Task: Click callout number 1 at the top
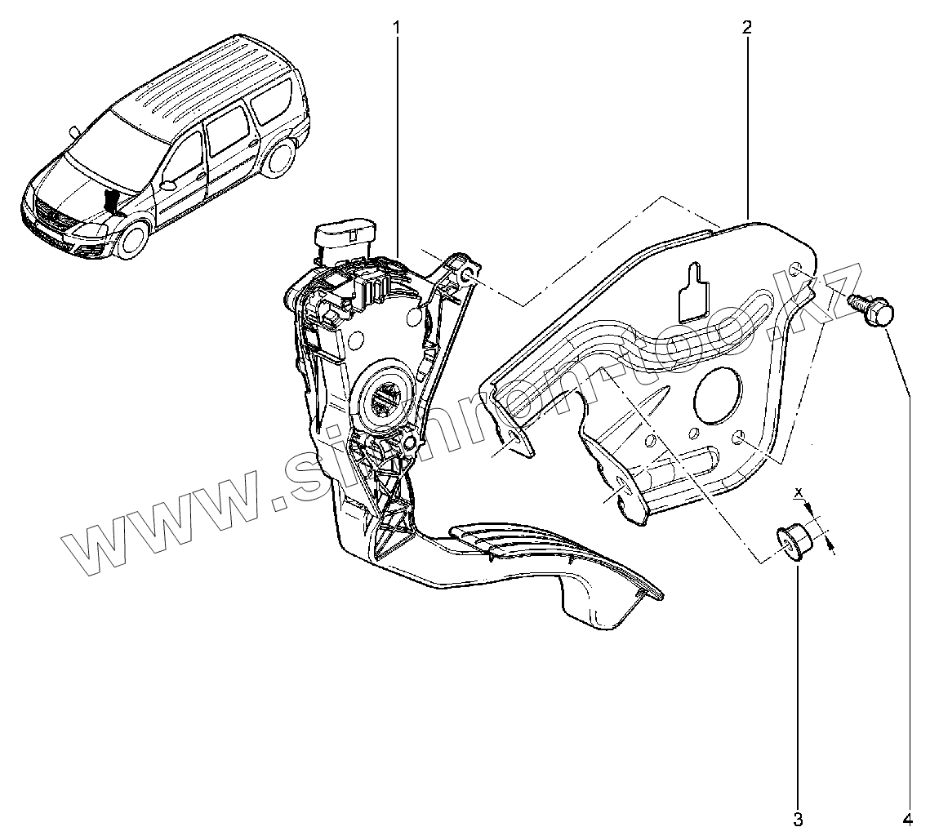coord(397,27)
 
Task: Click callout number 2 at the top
coord(746,27)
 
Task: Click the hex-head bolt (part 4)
coord(873,310)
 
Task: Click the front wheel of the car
coord(131,238)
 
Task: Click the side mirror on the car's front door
coord(169,186)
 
